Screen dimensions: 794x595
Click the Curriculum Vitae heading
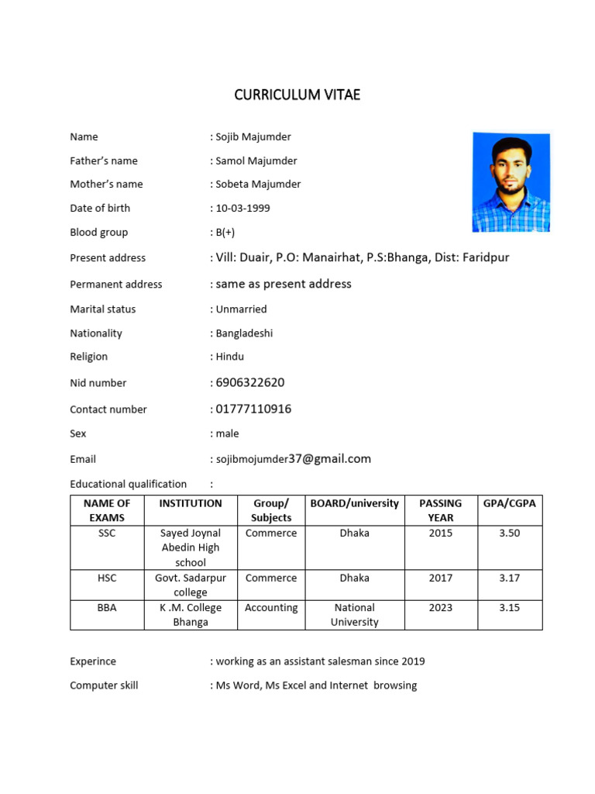297,95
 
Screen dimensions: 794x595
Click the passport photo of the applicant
511,182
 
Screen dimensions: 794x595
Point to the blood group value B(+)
225,232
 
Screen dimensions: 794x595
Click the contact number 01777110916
253,409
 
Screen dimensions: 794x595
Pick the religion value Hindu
229,357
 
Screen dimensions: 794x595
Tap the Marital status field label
102,309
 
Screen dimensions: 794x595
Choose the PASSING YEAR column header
440,510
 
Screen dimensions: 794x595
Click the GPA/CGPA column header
509,503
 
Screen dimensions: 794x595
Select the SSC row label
107,533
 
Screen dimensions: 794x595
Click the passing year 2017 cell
440,578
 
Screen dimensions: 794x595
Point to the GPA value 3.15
509,608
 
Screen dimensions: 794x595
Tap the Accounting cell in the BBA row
271,608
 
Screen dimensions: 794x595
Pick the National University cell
354,615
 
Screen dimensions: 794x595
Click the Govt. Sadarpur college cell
191,585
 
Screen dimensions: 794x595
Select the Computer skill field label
104,685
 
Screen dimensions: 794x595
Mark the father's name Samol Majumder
256,161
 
